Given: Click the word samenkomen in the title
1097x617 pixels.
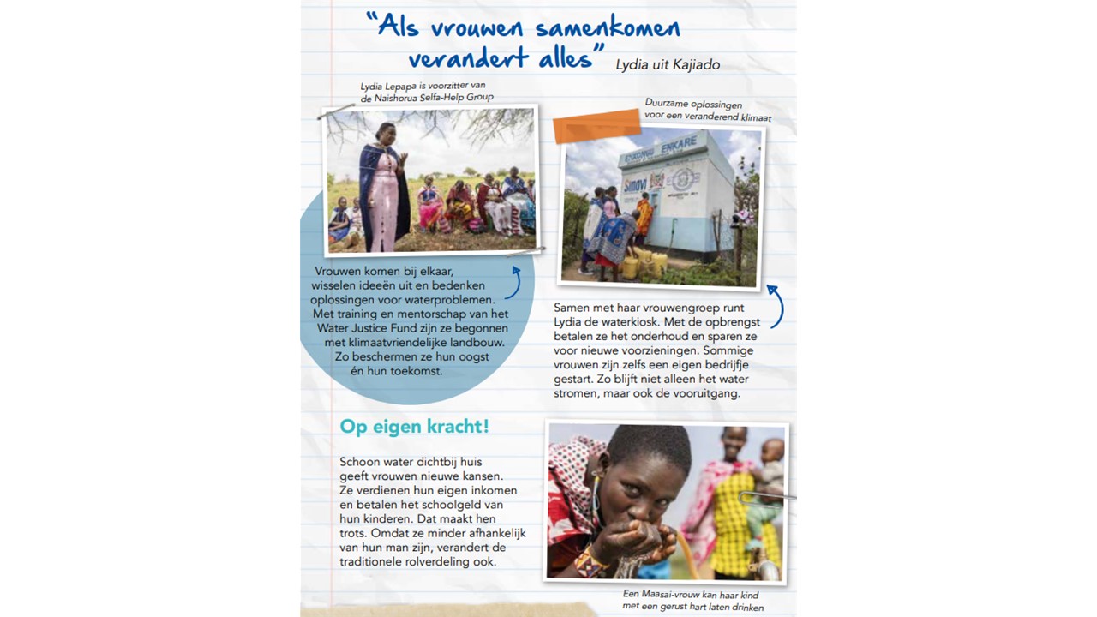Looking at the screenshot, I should tap(608, 27).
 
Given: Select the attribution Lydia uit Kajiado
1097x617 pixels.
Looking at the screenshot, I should tap(668, 65).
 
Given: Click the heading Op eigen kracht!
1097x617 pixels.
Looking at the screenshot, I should tap(414, 426).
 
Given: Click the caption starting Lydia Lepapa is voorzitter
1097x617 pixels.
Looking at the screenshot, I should tap(427, 92).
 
